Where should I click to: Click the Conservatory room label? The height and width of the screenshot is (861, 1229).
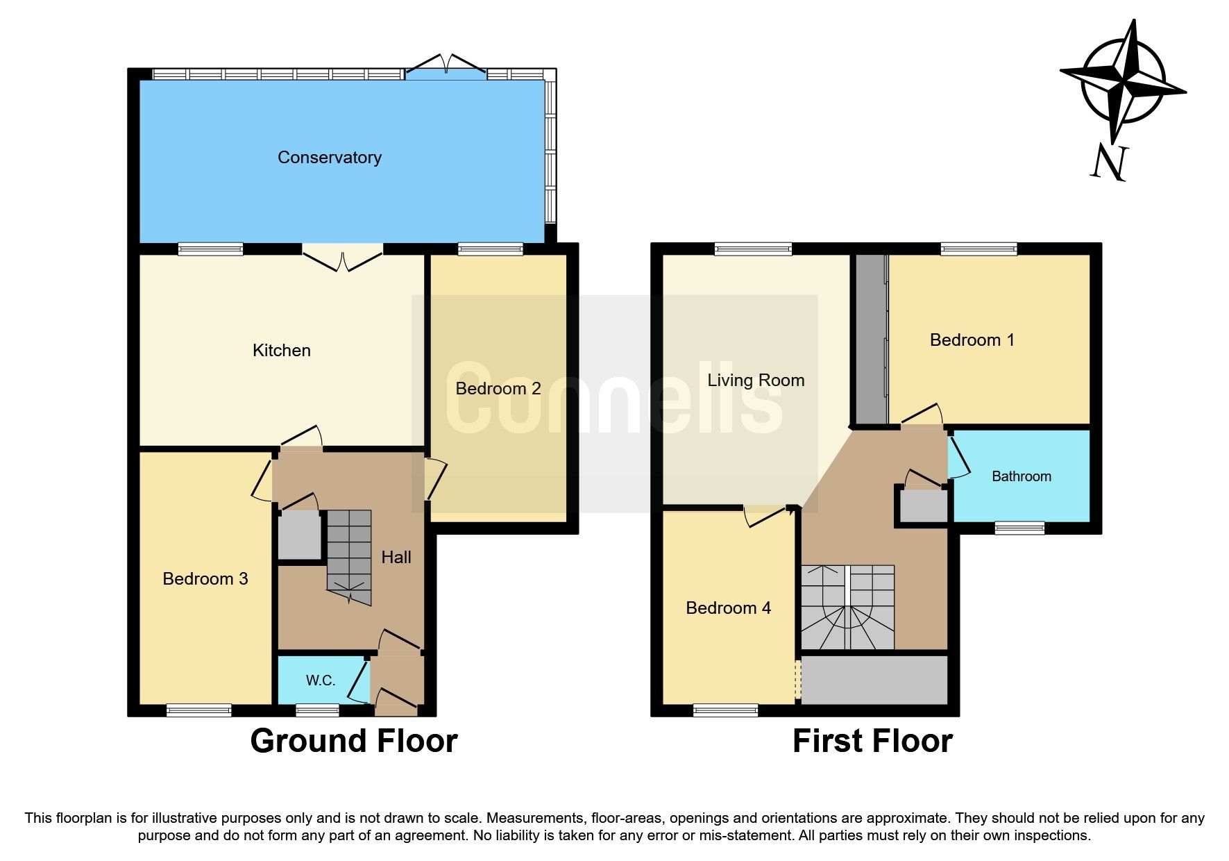tap(329, 158)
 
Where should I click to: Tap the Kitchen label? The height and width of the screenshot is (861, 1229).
tap(281, 350)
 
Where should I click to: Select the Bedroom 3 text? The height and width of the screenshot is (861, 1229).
tap(205, 578)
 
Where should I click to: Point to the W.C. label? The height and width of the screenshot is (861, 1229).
tap(320, 680)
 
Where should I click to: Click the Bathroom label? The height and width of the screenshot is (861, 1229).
tap(1021, 476)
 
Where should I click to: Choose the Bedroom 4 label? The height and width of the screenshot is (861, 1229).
tap(728, 608)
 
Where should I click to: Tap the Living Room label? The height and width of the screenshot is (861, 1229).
tap(756, 380)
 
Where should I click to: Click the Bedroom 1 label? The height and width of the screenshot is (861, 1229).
tap(972, 340)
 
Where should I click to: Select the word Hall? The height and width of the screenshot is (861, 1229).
tap(396, 557)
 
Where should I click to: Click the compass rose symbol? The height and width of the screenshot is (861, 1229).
tap(1123, 81)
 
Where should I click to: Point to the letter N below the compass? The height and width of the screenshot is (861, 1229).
tap(1108, 163)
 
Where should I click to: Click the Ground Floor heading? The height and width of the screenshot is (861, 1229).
tap(353, 741)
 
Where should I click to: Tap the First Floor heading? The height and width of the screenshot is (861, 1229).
tap(872, 741)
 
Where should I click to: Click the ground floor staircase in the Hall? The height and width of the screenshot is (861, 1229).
tap(349, 555)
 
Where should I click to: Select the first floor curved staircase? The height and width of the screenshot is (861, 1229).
tap(847, 608)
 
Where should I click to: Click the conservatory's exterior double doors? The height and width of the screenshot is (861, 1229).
tap(446, 67)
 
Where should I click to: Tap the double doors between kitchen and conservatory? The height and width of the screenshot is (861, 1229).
tap(343, 258)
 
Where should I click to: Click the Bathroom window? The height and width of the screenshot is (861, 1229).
tap(1019, 528)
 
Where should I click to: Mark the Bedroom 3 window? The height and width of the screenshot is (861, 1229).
tap(198, 710)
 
